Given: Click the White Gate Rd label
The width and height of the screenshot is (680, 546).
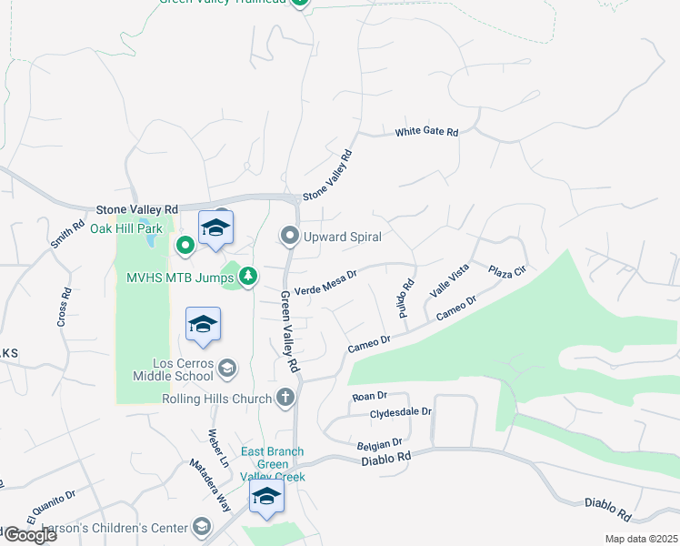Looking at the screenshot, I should [x=425, y=132].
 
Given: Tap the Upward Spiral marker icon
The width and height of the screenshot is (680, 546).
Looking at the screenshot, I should [x=290, y=237].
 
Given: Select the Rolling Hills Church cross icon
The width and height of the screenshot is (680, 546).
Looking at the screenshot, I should [x=285, y=398].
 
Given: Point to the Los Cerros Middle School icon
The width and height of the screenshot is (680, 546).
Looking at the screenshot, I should [x=227, y=368].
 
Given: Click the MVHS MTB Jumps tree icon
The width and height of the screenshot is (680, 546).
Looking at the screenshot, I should [x=246, y=276].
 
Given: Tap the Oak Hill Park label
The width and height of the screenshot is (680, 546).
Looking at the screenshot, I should [x=125, y=228].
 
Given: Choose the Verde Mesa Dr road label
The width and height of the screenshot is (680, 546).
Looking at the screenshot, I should [x=325, y=278].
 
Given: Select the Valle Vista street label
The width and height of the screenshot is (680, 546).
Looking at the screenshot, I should [x=449, y=279].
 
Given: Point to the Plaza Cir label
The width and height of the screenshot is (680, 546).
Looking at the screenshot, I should [x=507, y=271].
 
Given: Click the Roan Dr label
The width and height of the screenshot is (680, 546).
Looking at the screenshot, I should [x=369, y=396].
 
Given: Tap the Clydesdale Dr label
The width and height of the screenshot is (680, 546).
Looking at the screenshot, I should [x=400, y=411].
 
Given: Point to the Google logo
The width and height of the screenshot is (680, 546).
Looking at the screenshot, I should [x=29, y=535].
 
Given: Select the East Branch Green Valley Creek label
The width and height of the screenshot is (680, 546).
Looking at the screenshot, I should [x=273, y=464].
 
